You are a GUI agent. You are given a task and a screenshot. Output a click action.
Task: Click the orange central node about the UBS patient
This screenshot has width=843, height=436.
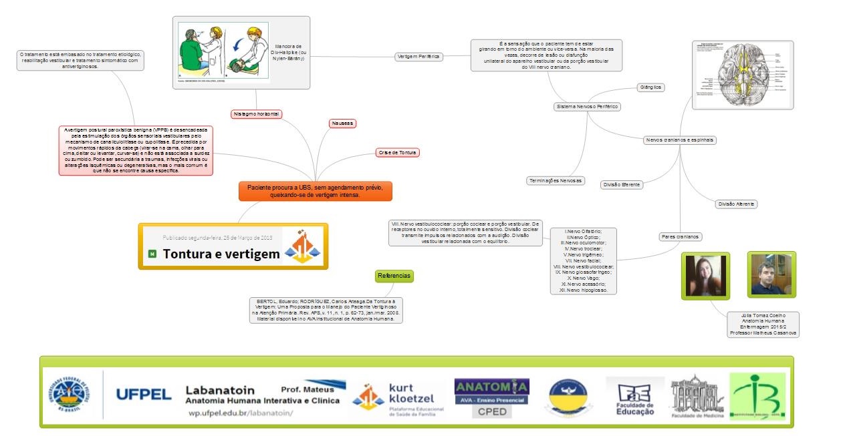click(x=315, y=191)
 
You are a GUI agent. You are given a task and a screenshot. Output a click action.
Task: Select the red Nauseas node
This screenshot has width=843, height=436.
click(x=342, y=124)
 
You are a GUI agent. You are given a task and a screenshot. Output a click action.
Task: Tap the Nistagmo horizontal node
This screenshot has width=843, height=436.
click(x=256, y=114)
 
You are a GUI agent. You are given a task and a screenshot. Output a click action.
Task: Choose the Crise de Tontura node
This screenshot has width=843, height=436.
click(x=398, y=153)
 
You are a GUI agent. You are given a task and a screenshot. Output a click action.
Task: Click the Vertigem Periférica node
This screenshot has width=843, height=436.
click(x=419, y=57)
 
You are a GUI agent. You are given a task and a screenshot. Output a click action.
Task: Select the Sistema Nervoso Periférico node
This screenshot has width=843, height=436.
click(x=588, y=107)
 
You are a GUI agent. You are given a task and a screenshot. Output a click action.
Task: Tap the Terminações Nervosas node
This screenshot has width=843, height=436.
click(x=556, y=181)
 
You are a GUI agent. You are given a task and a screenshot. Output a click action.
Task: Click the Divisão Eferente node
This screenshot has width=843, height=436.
click(x=622, y=184)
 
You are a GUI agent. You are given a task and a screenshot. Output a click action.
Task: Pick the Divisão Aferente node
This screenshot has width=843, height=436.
click(x=736, y=204)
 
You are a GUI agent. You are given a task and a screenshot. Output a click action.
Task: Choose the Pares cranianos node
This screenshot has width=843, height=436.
click(x=681, y=236)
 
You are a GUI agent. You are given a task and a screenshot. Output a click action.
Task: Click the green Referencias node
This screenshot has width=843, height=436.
click(x=394, y=276)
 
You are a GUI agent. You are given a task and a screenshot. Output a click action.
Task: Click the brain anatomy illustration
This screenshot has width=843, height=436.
click(x=742, y=75)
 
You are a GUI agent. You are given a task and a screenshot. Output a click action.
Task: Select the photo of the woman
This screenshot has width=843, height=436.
click(x=705, y=275)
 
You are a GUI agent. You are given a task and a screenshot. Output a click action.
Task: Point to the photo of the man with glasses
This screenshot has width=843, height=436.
click(x=771, y=274)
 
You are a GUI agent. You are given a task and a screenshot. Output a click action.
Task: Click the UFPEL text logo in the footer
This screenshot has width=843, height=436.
click(x=144, y=395)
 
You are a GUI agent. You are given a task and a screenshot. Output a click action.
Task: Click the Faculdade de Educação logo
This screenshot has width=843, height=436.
click(x=635, y=398)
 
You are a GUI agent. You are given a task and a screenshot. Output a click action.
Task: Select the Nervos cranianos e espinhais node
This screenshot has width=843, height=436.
click(x=680, y=140)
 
